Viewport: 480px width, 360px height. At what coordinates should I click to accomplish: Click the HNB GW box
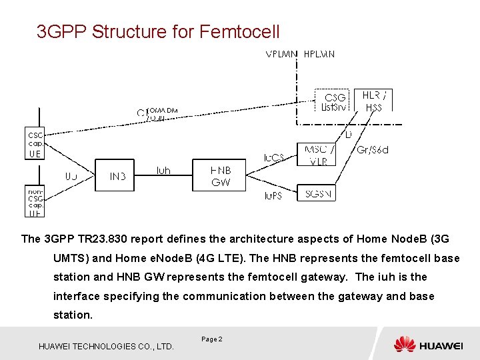click(x=221, y=175)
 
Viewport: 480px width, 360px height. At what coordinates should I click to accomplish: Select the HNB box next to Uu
click(x=117, y=176)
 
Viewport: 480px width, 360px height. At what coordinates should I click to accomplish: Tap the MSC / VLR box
click(x=319, y=155)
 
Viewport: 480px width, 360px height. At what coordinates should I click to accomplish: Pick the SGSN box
click(x=319, y=194)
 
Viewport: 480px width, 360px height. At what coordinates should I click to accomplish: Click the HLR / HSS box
click(x=374, y=100)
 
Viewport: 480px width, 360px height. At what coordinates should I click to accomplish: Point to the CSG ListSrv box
click(x=334, y=101)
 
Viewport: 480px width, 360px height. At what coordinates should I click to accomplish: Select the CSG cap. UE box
click(x=35, y=143)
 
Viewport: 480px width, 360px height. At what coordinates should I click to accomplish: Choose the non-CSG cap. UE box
click(x=35, y=201)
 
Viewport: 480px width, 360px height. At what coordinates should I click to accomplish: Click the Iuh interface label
click(x=163, y=171)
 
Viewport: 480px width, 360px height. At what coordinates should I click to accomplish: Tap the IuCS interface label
click(x=274, y=158)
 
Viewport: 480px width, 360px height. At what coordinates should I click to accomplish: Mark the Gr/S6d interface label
click(x=373, y=150)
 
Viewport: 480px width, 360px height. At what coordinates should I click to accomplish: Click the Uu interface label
click(x=71, y=177)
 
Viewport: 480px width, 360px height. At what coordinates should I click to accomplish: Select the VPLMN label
click(x=282, y=53)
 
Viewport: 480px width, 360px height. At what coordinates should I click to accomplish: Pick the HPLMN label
click(x=320, y=53)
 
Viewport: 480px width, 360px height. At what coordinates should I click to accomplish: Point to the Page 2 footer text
click(x=212, y=339)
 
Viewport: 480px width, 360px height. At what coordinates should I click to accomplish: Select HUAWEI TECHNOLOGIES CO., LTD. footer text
click(x=107, y=346)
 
